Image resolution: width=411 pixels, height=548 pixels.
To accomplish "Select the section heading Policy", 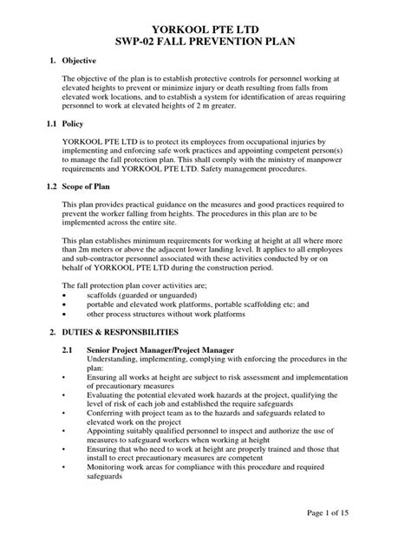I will pos(76,124).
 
